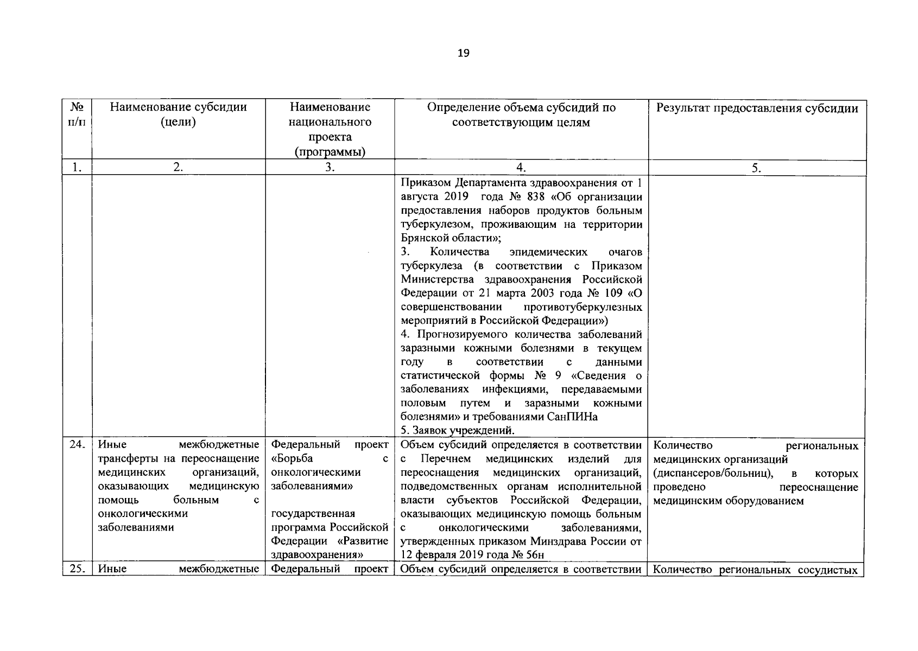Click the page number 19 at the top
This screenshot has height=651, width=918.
(x=464, y=53)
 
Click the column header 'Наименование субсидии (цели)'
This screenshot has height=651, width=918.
(x=178, y=114)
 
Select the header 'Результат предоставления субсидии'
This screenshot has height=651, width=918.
(x=757, y=108)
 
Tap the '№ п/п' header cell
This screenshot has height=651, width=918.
(x=77, y=114)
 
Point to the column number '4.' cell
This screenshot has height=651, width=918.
(x=521, y=168)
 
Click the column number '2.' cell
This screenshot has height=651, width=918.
(x=178, y=168)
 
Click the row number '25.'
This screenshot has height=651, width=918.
(x=77, y=569)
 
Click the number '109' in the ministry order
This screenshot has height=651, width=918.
(x=614, y=293)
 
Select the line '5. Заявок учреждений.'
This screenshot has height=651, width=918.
(x=458, y=431)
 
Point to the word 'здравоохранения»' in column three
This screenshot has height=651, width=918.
(x=316, y=555)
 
